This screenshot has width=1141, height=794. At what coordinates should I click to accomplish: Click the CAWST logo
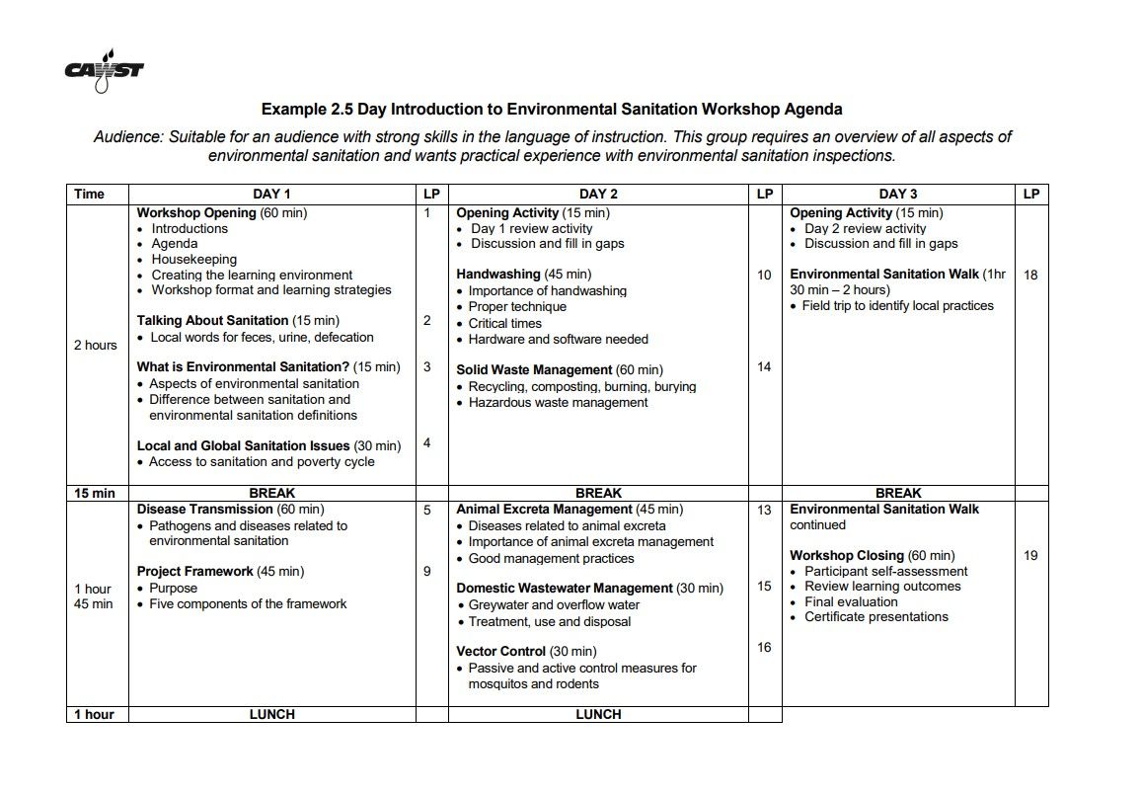pos(104,71)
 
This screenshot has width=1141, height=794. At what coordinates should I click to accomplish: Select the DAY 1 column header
pos(271,194)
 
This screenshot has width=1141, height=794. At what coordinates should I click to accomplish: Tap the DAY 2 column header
pos(598,194)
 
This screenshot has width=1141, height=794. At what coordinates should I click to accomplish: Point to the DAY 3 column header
pos(898,194)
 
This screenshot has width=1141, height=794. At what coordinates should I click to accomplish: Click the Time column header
pos(89,194)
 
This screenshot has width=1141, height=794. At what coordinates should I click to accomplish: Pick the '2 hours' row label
pos(95,345)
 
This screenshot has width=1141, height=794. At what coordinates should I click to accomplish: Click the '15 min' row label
pos(95,493)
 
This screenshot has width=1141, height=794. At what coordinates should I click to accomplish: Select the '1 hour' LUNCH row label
pos(95,714)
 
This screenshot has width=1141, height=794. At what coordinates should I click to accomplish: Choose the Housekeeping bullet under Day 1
pos(193,259)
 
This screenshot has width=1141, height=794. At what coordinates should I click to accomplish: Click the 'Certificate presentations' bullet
pos(875,616)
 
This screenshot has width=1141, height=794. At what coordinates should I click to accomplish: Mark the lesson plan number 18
pos(1030,275)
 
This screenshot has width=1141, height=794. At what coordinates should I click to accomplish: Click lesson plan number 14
pos(763,366)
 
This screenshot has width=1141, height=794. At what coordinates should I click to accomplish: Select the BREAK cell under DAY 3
pos(898,493)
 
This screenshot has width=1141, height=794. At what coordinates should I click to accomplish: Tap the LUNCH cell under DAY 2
pos(598,714)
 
